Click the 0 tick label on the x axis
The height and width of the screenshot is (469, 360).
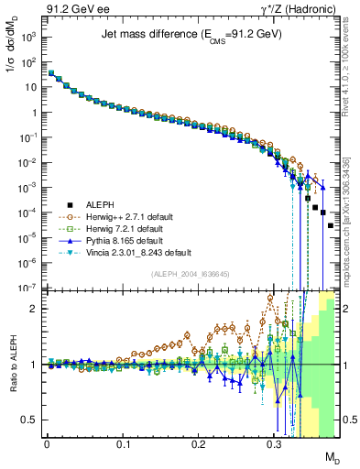click(47, 442)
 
